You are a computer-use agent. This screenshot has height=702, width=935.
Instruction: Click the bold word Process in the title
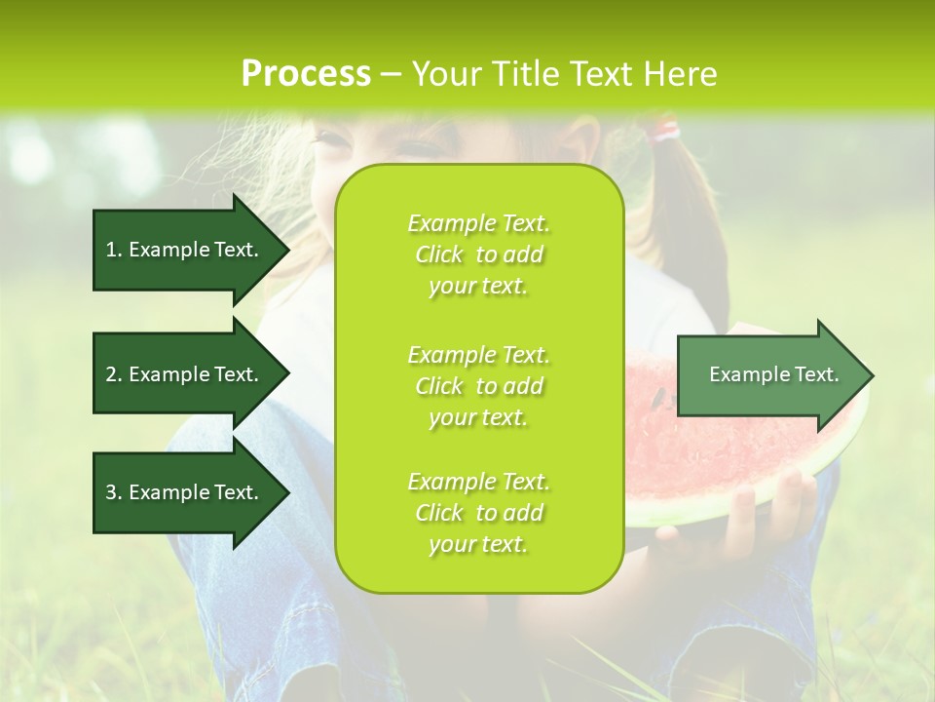306,74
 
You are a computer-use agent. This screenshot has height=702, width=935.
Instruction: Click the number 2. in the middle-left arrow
114,374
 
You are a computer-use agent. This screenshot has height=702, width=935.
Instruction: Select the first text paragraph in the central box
478,254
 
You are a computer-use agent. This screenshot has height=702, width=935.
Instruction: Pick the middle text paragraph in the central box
478,386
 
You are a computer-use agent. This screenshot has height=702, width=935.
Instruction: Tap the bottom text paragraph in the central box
478,513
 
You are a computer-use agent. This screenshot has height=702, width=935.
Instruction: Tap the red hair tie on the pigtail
666,128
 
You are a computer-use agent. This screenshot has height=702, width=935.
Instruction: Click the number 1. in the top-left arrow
114,250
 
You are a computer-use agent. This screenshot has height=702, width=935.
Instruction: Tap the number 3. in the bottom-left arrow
114,492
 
